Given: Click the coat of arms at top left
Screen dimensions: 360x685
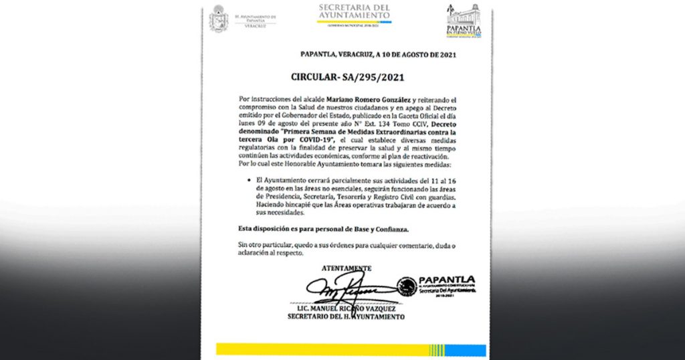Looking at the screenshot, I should (219, 19).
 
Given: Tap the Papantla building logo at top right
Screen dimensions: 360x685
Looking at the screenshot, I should (464, 20).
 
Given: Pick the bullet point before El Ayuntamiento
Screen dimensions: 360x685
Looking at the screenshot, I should (250, 181).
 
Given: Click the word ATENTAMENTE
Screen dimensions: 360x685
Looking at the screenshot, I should (346, 268).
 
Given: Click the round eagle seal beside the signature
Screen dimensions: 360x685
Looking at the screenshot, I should (407, 287).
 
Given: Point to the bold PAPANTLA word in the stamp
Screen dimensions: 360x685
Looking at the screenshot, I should (447, 279).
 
